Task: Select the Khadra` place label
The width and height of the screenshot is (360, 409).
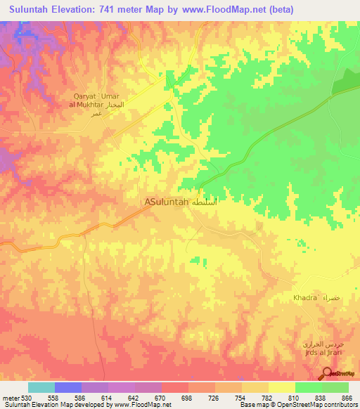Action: point(307,299)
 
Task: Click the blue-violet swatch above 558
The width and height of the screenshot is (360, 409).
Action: point(68,387)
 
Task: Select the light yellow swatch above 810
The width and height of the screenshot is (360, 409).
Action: point(282,387)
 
